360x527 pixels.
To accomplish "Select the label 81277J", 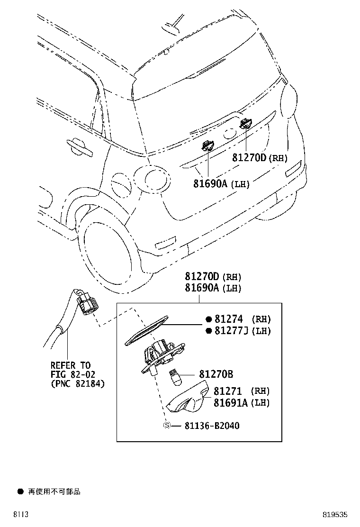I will coord(232,331).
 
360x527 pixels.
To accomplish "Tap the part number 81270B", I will coord(216,374).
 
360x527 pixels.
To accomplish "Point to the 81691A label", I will coord(231,403).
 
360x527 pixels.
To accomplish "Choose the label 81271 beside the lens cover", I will coord(228,391).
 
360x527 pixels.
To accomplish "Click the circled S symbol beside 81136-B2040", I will coord(167,426).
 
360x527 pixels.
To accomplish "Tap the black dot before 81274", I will coord(207,319).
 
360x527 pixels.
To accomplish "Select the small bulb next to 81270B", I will coord(176,377).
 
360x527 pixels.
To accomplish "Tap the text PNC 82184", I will coord(78,383).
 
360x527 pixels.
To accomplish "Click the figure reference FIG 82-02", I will coord(70,374).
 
